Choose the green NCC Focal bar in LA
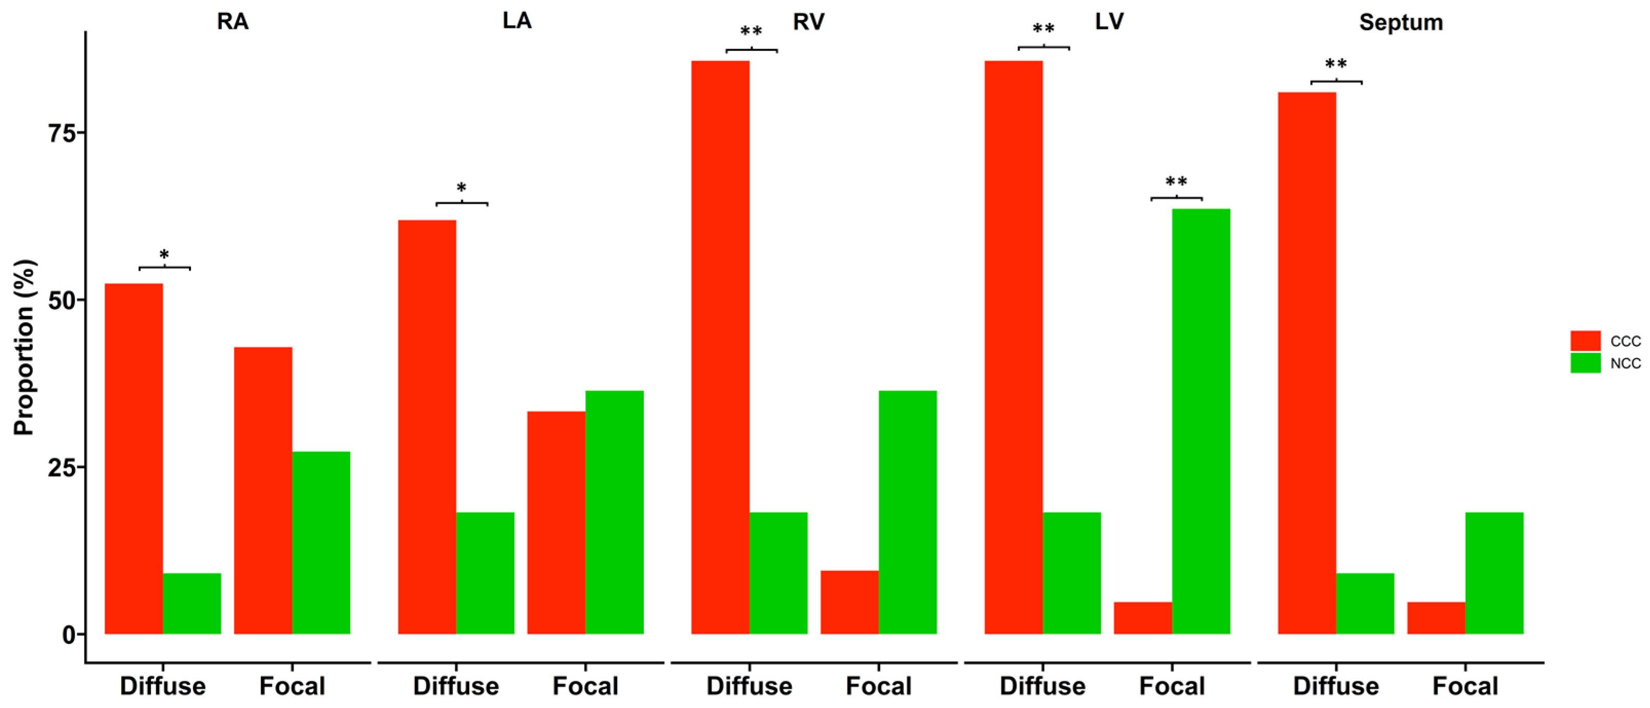pos(615,512)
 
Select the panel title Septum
pos(1401,23)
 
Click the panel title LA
pos(517,21)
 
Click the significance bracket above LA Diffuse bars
pos(462,204)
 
